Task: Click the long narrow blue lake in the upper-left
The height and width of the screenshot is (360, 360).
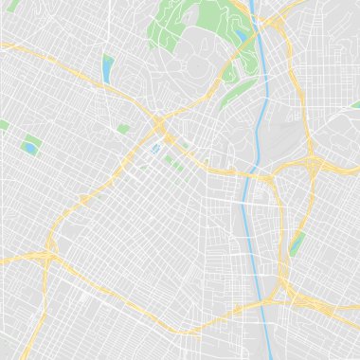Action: tap(107, 67)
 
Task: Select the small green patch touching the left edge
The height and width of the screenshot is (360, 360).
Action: tap(4, 125)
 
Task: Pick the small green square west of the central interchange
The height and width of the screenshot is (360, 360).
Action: tap(123, 128)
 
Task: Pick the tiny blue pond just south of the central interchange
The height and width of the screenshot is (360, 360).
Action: tap(154, 149)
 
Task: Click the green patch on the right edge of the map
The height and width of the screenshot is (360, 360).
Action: tap(354, 105)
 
